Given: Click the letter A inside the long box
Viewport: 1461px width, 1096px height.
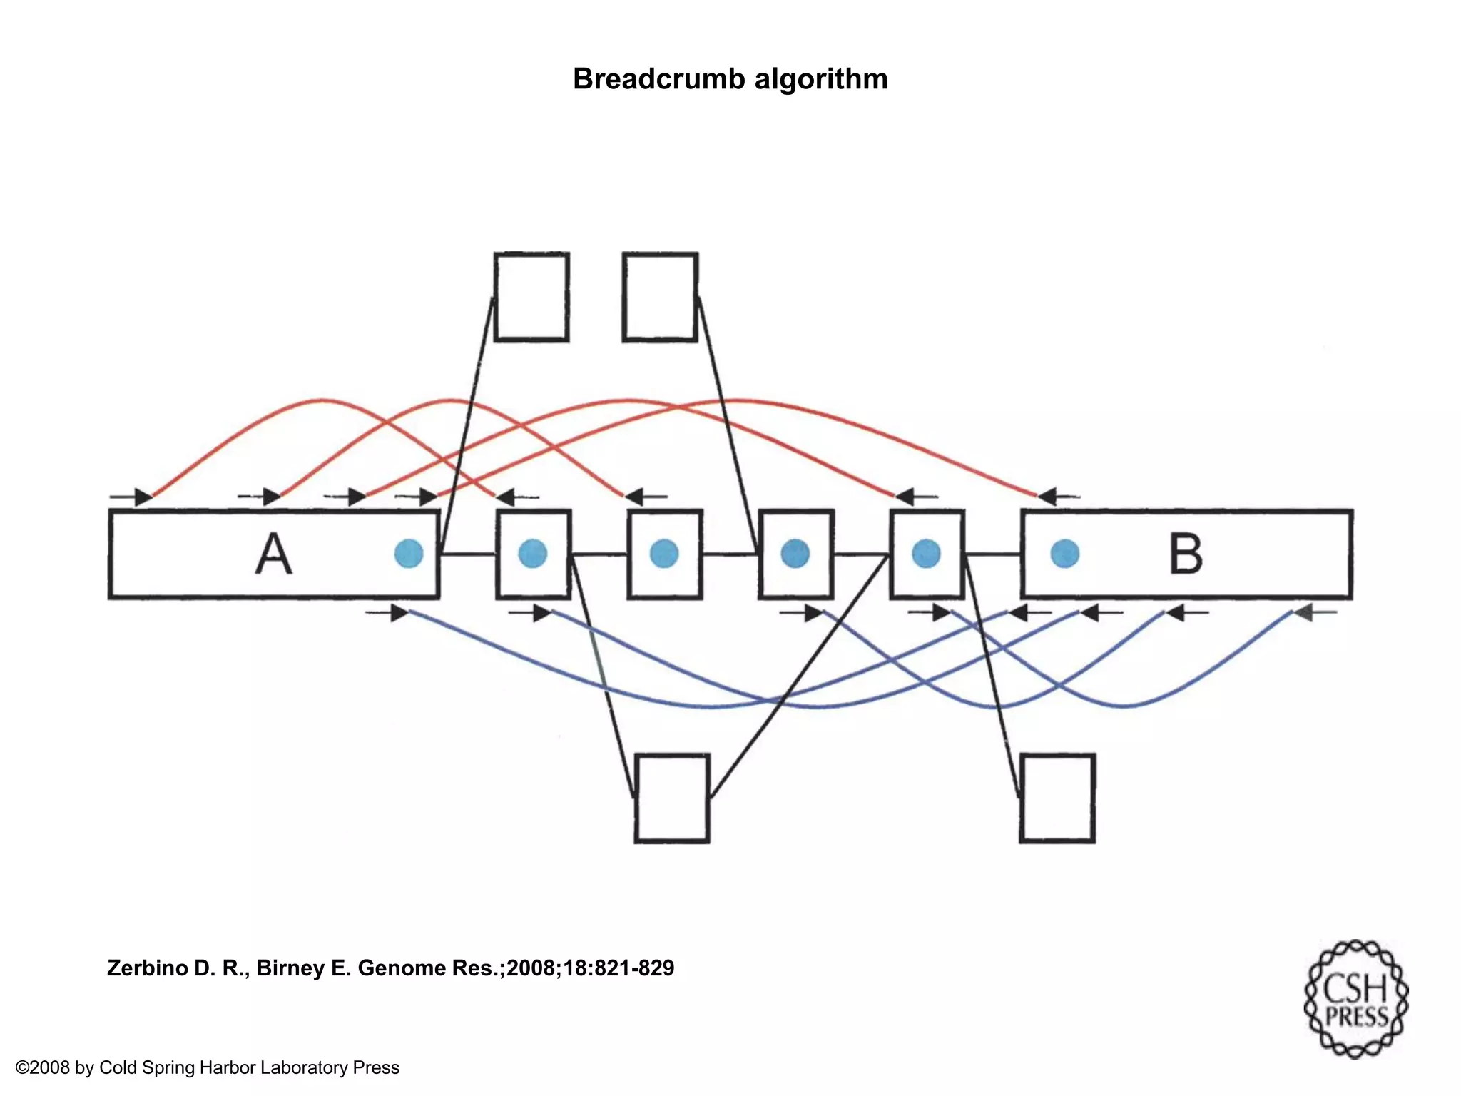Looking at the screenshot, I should pos(274,554).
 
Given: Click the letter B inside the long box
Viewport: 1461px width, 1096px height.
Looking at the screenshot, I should pos(1186,554).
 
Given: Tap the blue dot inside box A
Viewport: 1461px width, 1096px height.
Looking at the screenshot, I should pos(409,554).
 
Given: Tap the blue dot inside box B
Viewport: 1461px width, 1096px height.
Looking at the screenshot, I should pos(1065,554).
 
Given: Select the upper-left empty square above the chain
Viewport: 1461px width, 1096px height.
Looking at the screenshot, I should pos(531,297).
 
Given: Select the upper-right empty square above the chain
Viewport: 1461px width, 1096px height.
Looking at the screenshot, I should pos(660,297).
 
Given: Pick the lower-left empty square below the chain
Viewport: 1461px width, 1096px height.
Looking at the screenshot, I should pos(672,798).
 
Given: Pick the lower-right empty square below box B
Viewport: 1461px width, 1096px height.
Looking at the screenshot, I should pos(1057,798).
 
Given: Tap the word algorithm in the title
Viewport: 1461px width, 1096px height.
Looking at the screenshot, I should pos(821,79).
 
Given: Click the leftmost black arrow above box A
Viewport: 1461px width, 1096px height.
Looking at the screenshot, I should pos(136,497).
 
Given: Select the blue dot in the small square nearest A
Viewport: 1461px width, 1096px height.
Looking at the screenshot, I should pos(533,554).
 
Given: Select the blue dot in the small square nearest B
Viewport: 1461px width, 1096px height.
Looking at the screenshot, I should pos(926,554).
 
